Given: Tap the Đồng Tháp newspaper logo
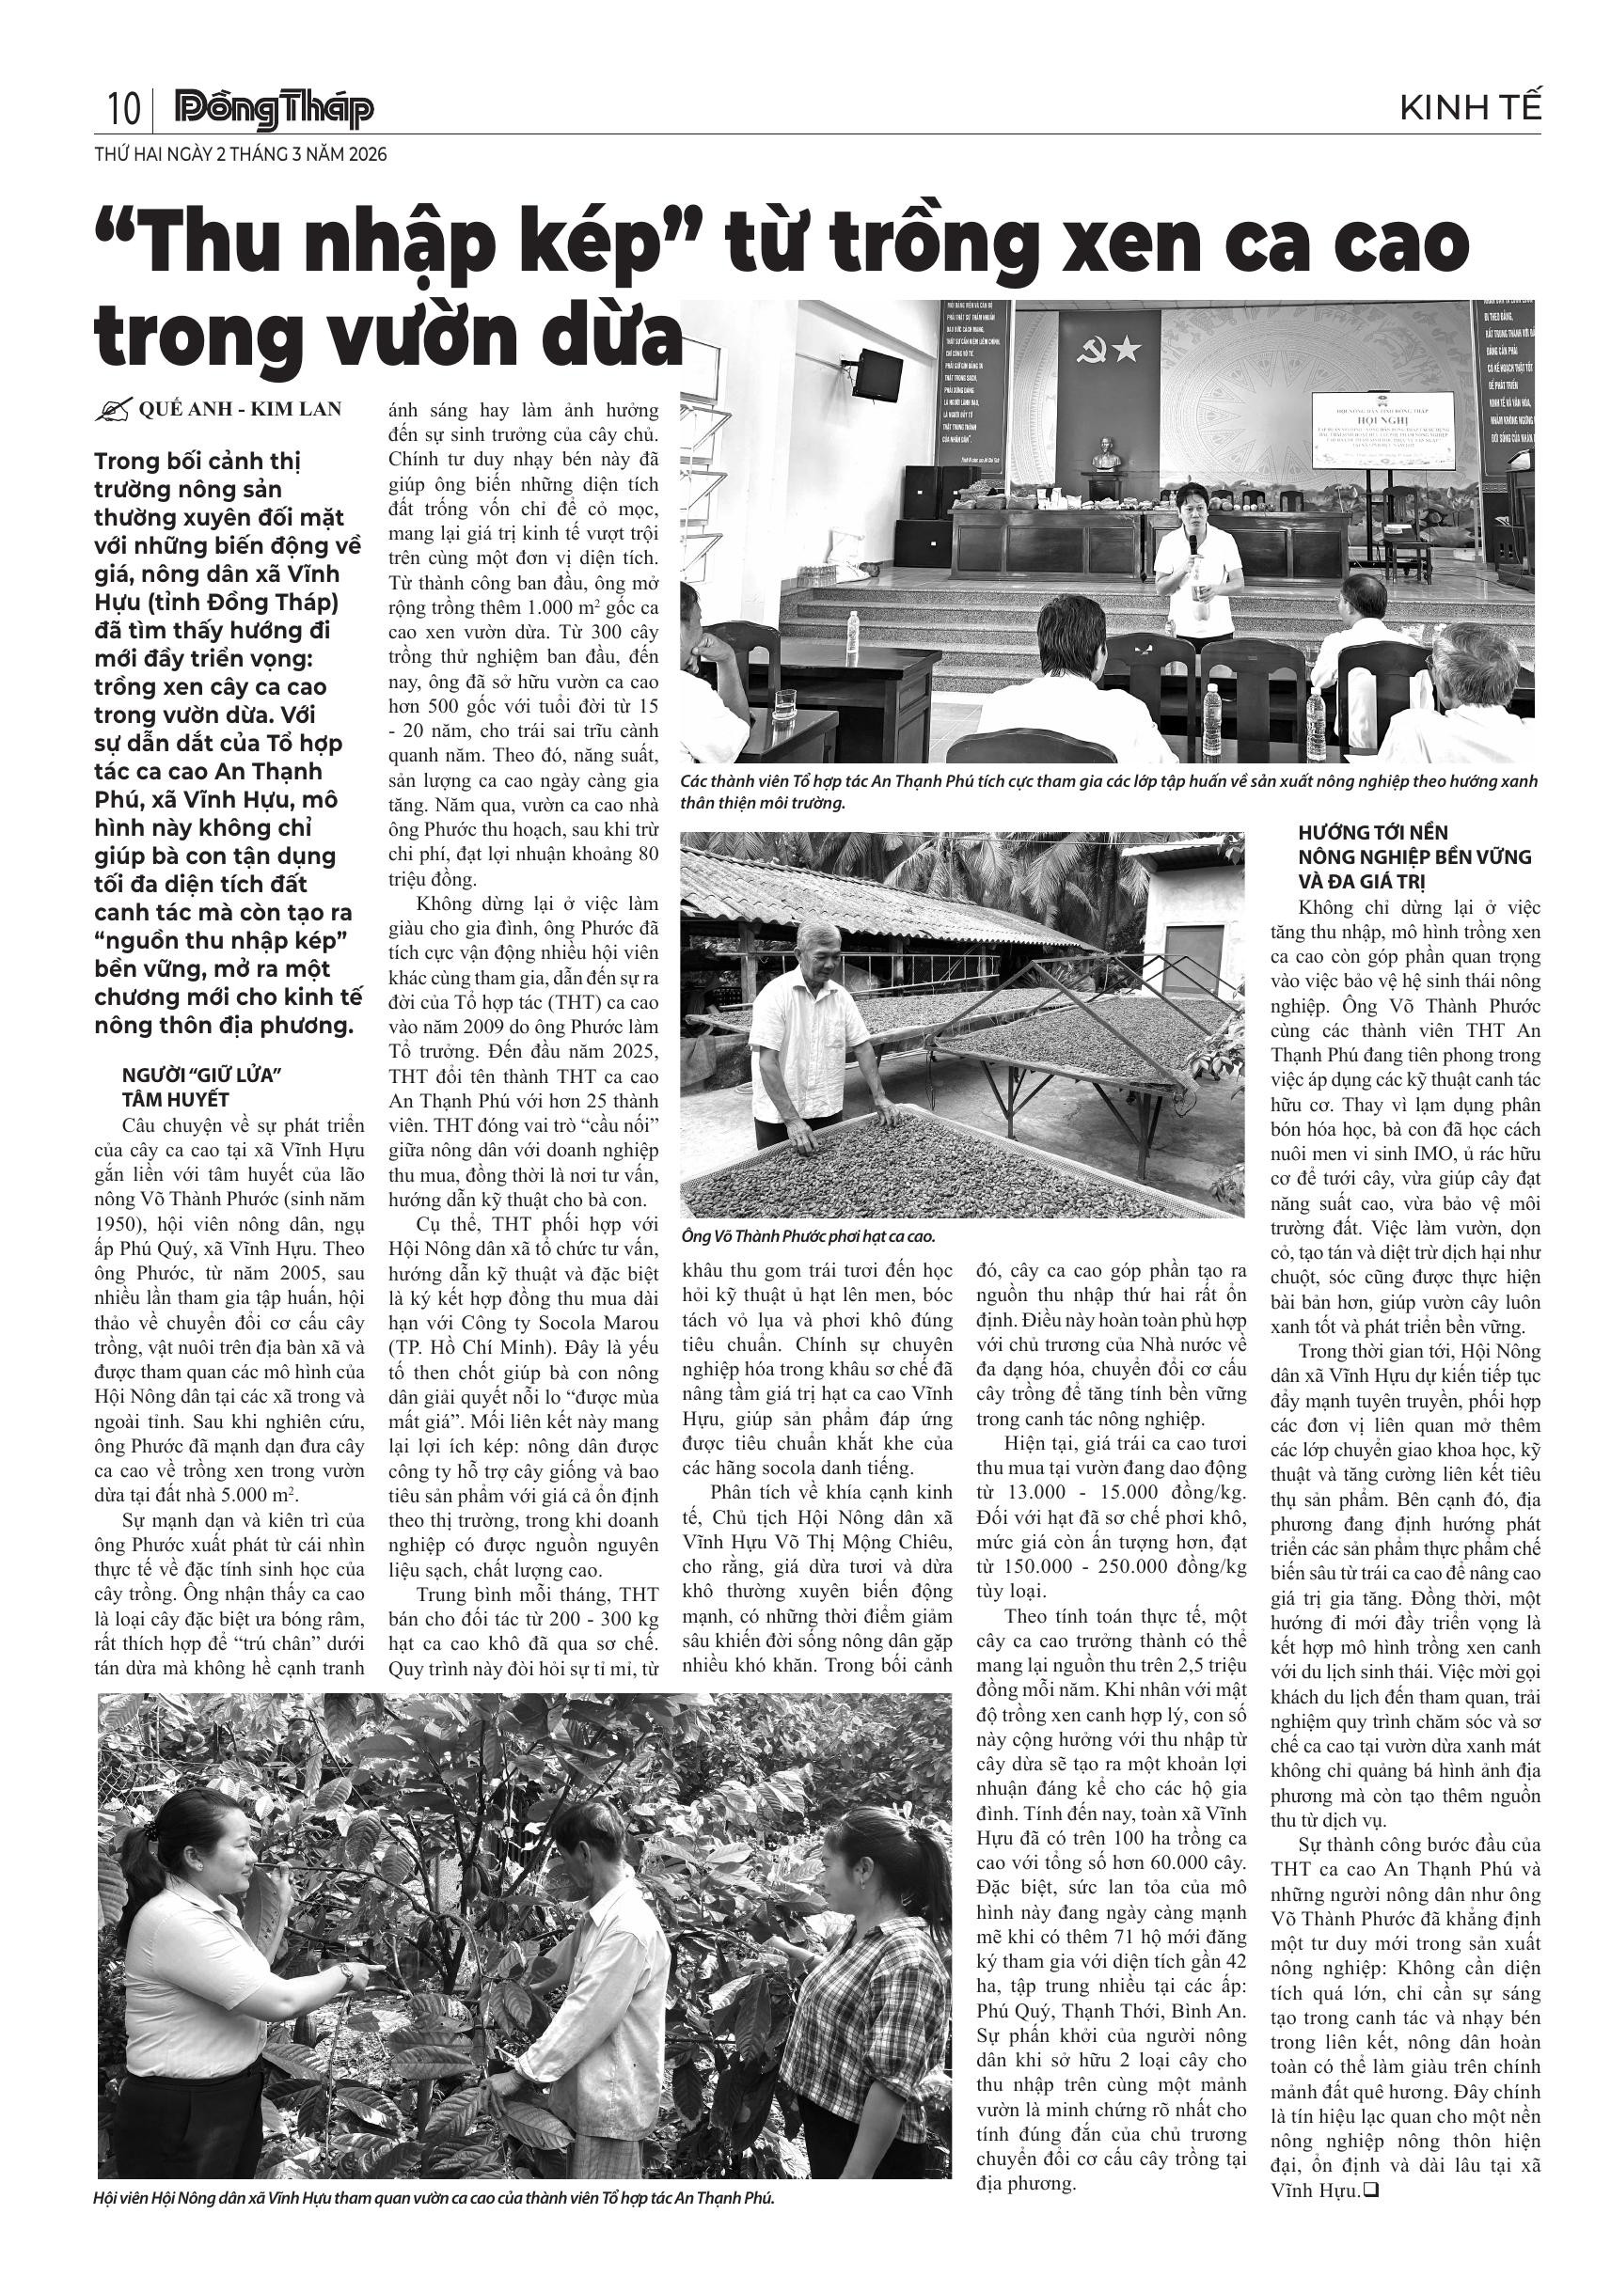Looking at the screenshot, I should (x=274, y=109).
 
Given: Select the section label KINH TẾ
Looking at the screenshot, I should (x=1470, y=108).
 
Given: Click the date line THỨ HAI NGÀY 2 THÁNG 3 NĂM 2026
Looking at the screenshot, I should (x=240, y=155).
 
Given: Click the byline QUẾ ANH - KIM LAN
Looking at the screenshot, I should (x=240, y=409).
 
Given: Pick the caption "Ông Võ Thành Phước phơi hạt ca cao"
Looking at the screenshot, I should (x=808, y=1236).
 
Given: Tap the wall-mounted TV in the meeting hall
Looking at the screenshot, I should (x=878, y=375).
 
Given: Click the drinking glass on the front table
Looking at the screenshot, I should (x=784, y=702).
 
